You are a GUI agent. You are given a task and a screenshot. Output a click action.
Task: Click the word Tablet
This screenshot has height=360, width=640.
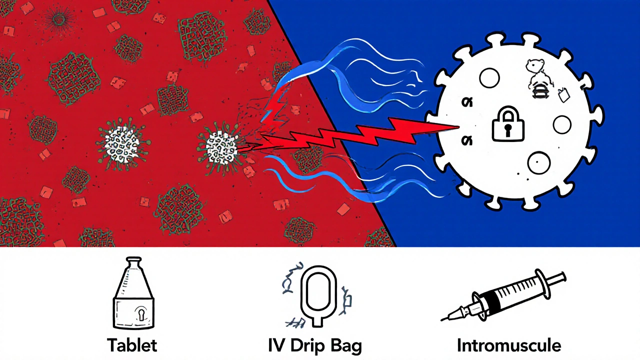tap(132, 345)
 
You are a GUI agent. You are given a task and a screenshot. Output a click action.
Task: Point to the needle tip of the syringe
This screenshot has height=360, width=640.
tap(443, 319)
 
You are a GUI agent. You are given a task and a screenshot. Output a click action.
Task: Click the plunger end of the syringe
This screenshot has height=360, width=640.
tap(562, 277)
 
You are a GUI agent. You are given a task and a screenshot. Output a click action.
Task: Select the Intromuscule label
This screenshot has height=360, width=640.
tap(508, 345)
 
